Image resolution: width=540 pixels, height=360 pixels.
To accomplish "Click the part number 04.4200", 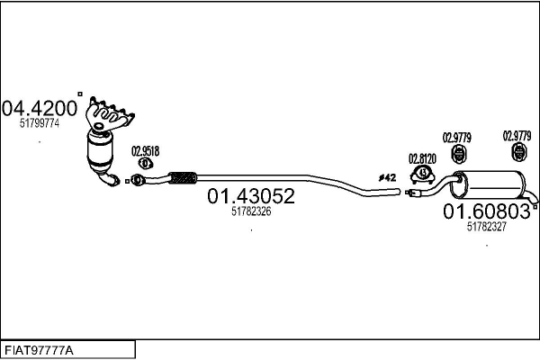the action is [40, 109].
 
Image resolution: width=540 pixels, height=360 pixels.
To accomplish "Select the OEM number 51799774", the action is [40, 123].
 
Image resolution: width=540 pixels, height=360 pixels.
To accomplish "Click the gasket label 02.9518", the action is [145, 151].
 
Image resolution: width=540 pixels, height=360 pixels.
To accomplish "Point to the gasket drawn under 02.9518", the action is [146, 163].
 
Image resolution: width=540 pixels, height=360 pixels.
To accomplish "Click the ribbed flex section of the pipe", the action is [183, 178].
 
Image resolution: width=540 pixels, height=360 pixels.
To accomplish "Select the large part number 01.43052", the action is [251, 195].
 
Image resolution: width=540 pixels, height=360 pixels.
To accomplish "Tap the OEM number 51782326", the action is [251, 211].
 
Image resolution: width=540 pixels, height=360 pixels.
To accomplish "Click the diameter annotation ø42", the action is [387, 178].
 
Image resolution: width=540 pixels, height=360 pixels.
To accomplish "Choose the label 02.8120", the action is [422, 158].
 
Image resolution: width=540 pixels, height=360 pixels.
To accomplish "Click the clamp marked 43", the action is [423, 175].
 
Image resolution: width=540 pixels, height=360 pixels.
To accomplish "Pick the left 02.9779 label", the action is [456, 138].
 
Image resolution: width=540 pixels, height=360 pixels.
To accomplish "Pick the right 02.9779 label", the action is [517, 136].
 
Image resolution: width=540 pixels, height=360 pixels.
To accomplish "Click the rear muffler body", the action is [489, 184].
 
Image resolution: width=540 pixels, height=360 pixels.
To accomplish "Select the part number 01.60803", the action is [487, 211].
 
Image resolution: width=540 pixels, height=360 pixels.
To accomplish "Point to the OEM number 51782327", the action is [487, 226].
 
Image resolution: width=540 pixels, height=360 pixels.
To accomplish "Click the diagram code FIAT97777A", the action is [39, 350].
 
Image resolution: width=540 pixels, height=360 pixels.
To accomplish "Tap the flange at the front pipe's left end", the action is [138, 180].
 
